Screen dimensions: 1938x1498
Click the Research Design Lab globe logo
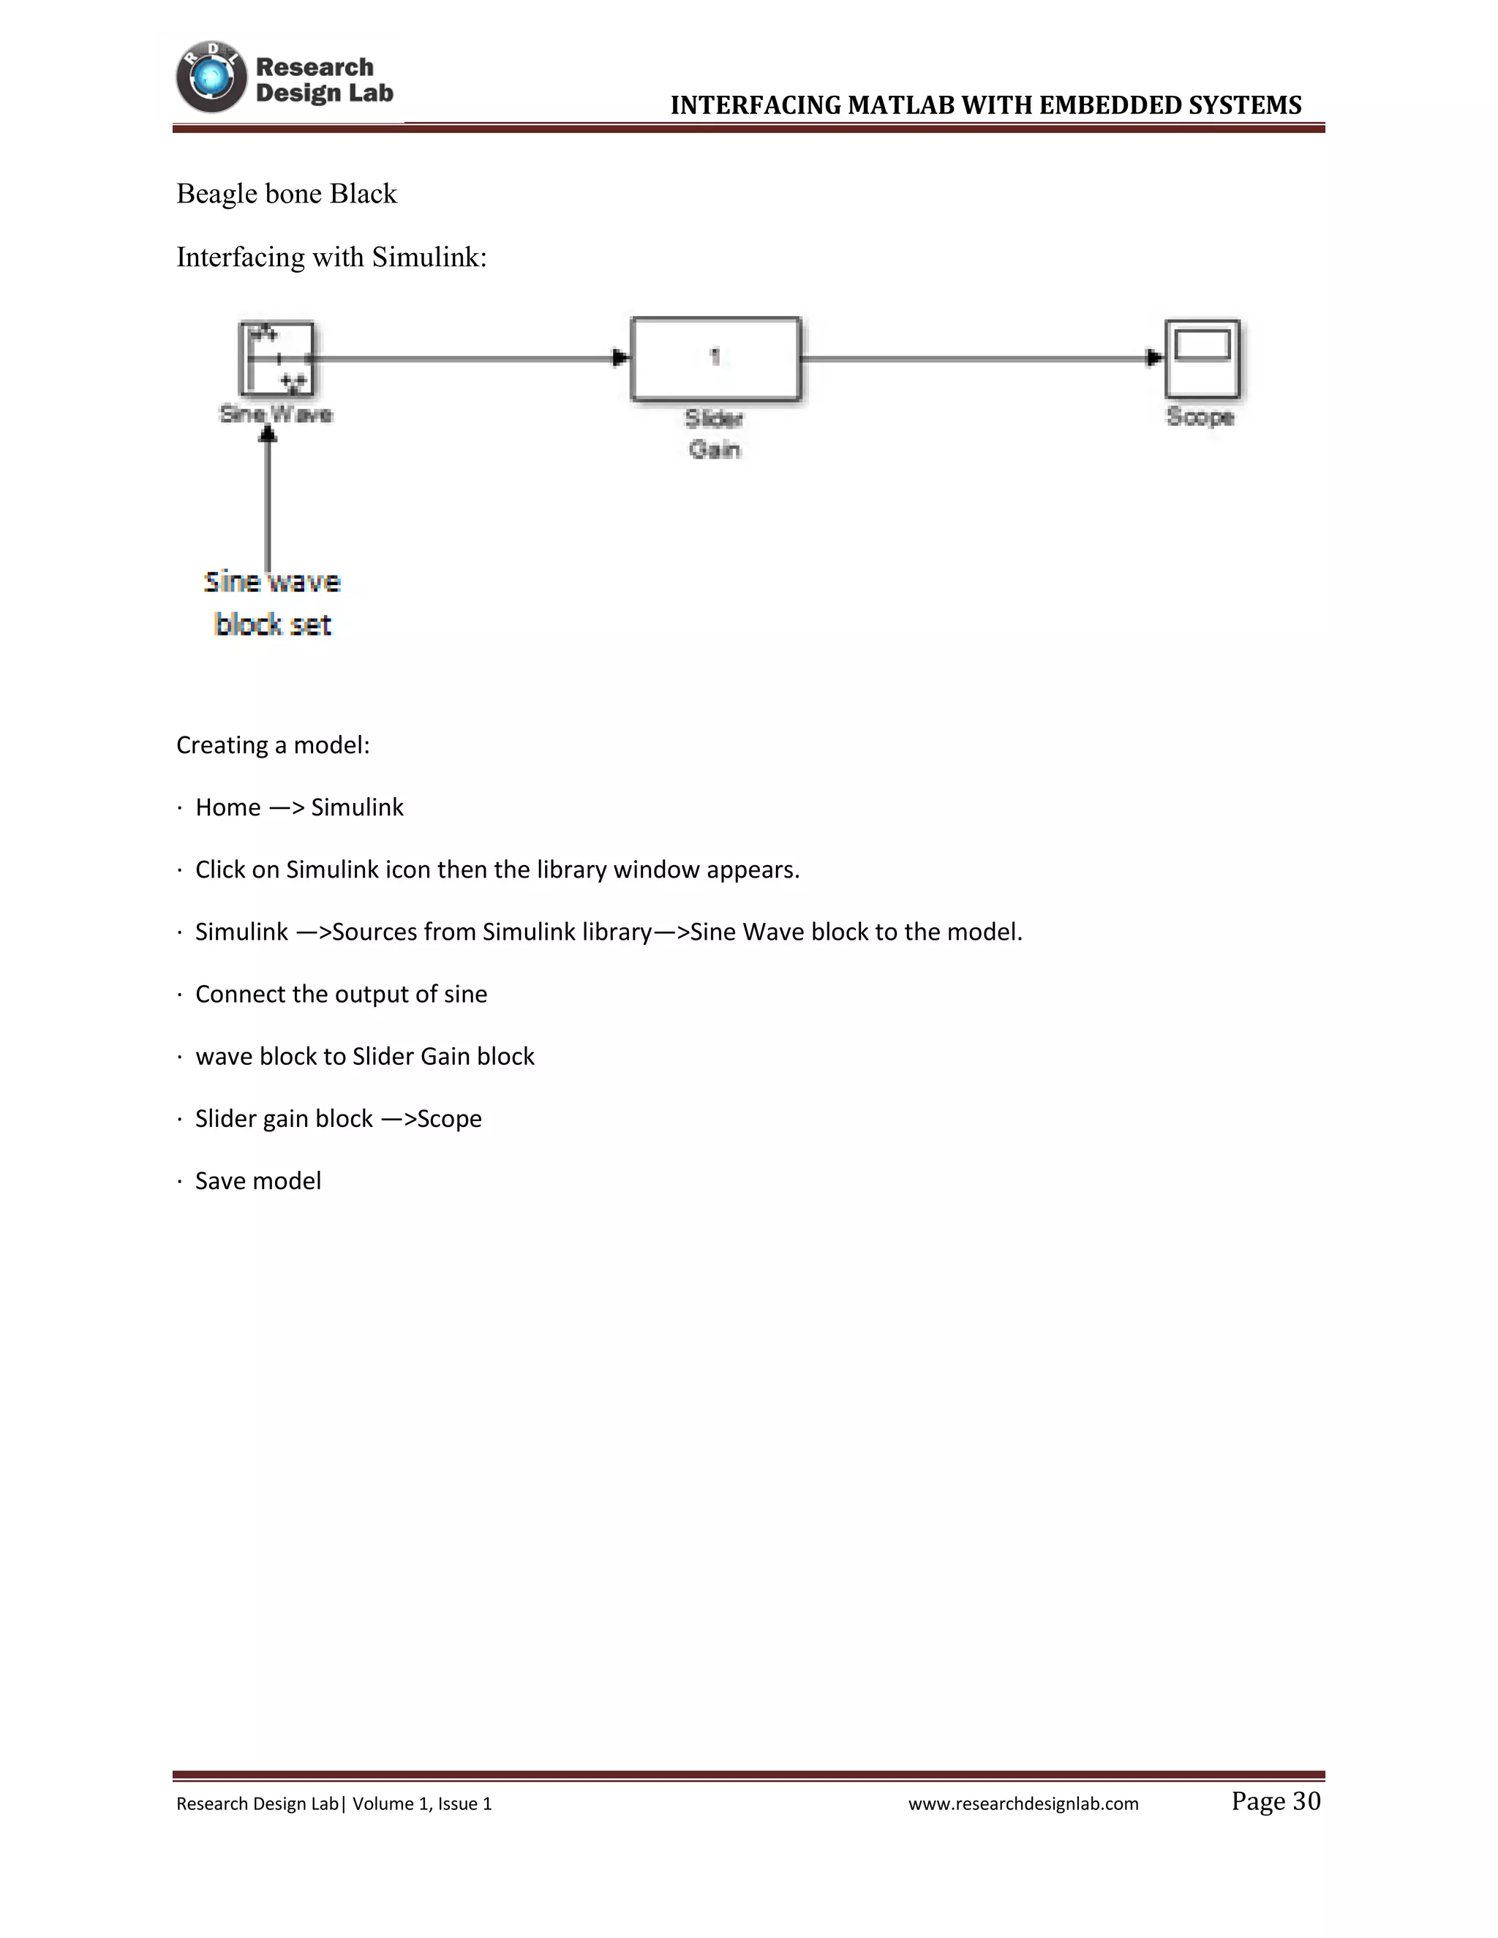[x=211, y=78]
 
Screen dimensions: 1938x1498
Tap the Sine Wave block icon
[x=276, y=358]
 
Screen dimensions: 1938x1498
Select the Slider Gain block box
[x=715, y=359]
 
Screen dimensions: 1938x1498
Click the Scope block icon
[x=1202, y=358]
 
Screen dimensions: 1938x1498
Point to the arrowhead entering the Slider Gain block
[x=621, y=358]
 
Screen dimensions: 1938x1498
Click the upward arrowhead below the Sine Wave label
[x=268, y=433]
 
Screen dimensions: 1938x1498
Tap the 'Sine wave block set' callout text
[x=272, y=603]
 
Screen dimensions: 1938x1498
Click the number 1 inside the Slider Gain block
[x=715, y=357]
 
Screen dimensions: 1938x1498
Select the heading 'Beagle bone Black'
[x=287, y=194]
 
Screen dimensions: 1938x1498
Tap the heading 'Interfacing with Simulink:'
[x=331, y=257]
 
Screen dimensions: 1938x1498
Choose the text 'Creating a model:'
[x=272, y=745]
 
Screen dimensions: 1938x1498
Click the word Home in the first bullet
[x=228, y=807]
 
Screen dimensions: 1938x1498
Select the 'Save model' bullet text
[x=258, y=1181]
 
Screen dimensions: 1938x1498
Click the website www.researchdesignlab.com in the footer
[x=1023, y=1804]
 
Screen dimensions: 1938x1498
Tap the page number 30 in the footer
[x=1306, y=1801]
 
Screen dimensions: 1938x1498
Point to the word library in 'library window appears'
[x=571, y=870]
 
